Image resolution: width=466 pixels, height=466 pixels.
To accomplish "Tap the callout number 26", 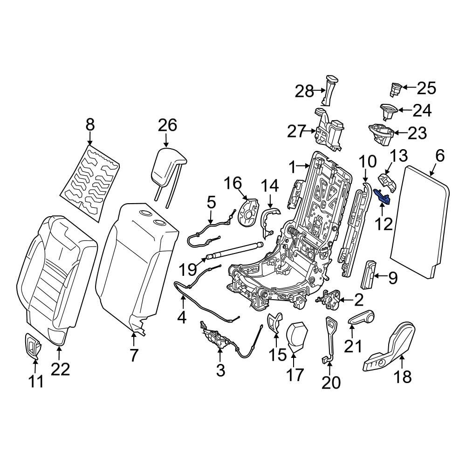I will click(x=168, y=125).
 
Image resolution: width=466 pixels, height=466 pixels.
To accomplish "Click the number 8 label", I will click(x=90, y=124).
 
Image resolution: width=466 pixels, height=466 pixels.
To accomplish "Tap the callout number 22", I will click(x=60, y=369).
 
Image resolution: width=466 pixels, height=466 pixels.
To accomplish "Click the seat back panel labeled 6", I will click(x=418, y=219).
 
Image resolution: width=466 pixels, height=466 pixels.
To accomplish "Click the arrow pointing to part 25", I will click(x=407, y=87).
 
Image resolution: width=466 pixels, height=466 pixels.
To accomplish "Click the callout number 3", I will click(x=220, y=370).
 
